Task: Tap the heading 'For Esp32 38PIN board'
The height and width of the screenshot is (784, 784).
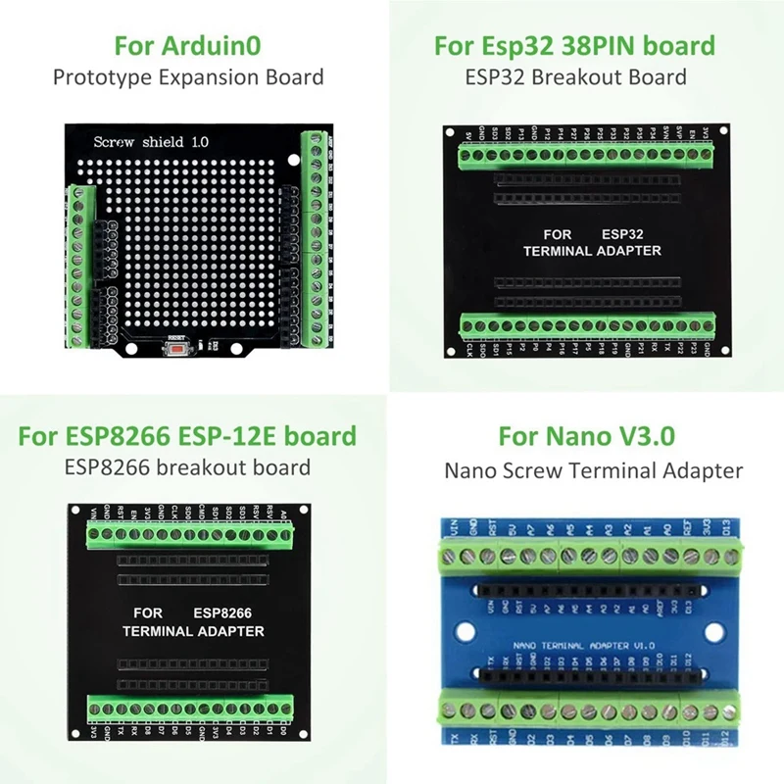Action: [x=574, y=45]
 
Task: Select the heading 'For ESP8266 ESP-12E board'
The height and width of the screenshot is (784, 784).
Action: [x=187, y=435]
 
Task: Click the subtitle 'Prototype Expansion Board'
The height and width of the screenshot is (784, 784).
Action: [x=188, y=76]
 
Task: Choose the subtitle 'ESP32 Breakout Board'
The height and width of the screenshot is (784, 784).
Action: [x=575, y=76]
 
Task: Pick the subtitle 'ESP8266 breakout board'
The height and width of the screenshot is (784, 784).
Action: [x=187, y=467]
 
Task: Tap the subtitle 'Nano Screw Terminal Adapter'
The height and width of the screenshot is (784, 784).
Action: [x=593, y=470]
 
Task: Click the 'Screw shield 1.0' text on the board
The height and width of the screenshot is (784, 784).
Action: [x=151, y=142]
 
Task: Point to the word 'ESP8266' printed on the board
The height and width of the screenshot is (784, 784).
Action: [x=222, y=612]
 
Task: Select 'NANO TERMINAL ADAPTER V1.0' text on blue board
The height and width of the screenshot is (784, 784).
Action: [x=585, y=646]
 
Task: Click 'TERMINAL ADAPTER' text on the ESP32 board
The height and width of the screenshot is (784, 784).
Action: [x=592, y=251]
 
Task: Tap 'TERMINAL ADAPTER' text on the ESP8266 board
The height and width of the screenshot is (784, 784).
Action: [x=192, y=631]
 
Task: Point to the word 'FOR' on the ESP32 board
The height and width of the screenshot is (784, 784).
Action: [x=558, y=235]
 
